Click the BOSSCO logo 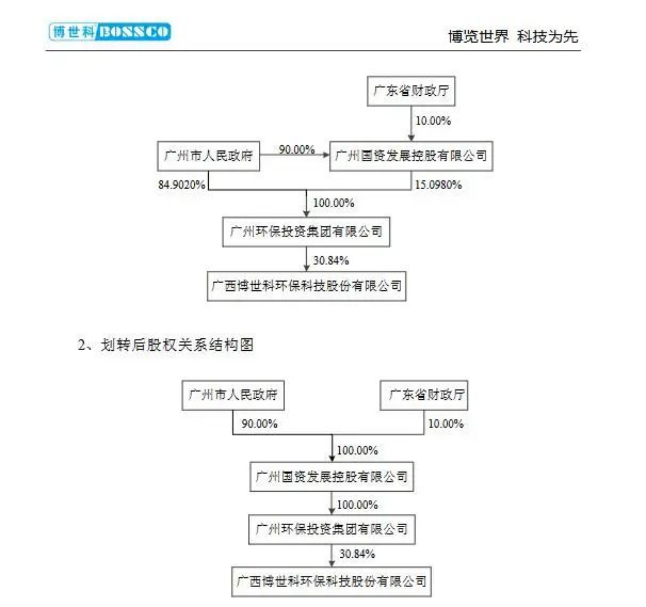pyautogui.click(x=110, y=32)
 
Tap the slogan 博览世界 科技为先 pyautogui.click(x=513, y=36)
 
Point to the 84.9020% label pyautogui.click(x=182, y=185)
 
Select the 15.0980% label pyautogui.click(x=438, y=185)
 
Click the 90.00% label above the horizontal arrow pyautogui.click(x=297, y=149)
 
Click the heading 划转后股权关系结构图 pyautogui.click(x=177, y=345)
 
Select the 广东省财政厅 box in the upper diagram pyautogui.click(x=411, y=91)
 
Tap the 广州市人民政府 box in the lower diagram pyautogui.click(x=233, y=395)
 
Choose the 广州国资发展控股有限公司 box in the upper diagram pyautogui.click(x=411, y=156)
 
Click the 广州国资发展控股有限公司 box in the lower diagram pyautogui.click(x=332, y=477)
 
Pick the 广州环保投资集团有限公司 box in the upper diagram pyautogui.click(x=306, y=231)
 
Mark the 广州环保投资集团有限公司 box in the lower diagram pyautogui.click(x=332, y=529)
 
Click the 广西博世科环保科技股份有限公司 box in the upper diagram pyautogui.click(x=306, y=286)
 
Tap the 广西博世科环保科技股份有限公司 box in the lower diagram pyautogui.click(x=331, y=582)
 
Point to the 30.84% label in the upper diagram pyautogui.click(x=331, y=261)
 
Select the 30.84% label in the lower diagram pyautogui.click(x=357, y=553)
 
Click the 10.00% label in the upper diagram pyautogui.click(x=433, y=121)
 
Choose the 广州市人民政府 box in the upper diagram pyautogui.click(x=209, y=156)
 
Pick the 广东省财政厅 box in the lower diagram pyautogui.click(x=424, y=395)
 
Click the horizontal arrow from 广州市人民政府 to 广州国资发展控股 pyautogui.click(x=295, y=155)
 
